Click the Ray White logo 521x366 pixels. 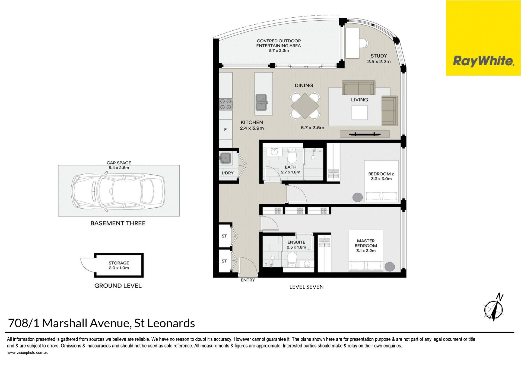(483, 38)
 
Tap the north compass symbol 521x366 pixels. (494, 307)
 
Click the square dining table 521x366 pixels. (305, 106)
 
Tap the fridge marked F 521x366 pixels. (225, 130)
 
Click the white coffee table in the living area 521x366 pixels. (360, 113)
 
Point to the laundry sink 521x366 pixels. (225, 158)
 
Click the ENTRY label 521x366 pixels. (248, 280)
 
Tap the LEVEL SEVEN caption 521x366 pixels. (306, 287)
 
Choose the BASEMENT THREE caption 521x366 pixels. (118, 223)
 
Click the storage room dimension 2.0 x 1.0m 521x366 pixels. (119, 268)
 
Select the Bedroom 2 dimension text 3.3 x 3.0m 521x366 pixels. (381, 179)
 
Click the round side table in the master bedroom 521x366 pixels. (390, 267)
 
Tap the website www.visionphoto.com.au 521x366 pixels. (28, 353)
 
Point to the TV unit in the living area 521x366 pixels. (365, 134)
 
